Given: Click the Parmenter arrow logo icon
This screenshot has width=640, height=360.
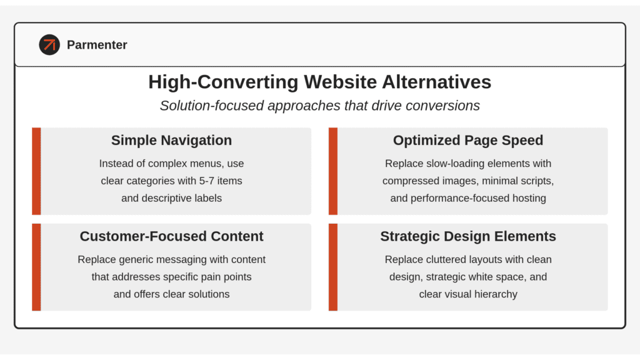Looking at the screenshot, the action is (49, 44).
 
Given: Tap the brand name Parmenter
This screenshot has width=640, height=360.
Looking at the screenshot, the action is (97, 45).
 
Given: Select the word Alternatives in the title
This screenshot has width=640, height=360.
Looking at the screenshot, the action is (437, 82).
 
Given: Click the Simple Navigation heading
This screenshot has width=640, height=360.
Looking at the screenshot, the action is (171, 141).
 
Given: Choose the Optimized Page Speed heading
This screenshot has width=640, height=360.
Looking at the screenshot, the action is (468, 141).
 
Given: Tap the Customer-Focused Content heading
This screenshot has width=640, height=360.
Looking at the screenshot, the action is (171, 236).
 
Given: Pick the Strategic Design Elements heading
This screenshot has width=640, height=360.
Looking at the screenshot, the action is (468, 236).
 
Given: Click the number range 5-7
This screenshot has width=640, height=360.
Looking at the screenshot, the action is (206, 181).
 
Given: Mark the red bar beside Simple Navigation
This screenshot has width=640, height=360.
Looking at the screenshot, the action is (36, 171).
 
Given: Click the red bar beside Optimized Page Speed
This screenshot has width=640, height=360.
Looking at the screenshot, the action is (333, 171).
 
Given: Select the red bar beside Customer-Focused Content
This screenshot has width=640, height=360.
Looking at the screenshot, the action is (36, 267).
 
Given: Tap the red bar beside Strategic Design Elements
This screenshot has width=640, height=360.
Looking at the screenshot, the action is (333, 267).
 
